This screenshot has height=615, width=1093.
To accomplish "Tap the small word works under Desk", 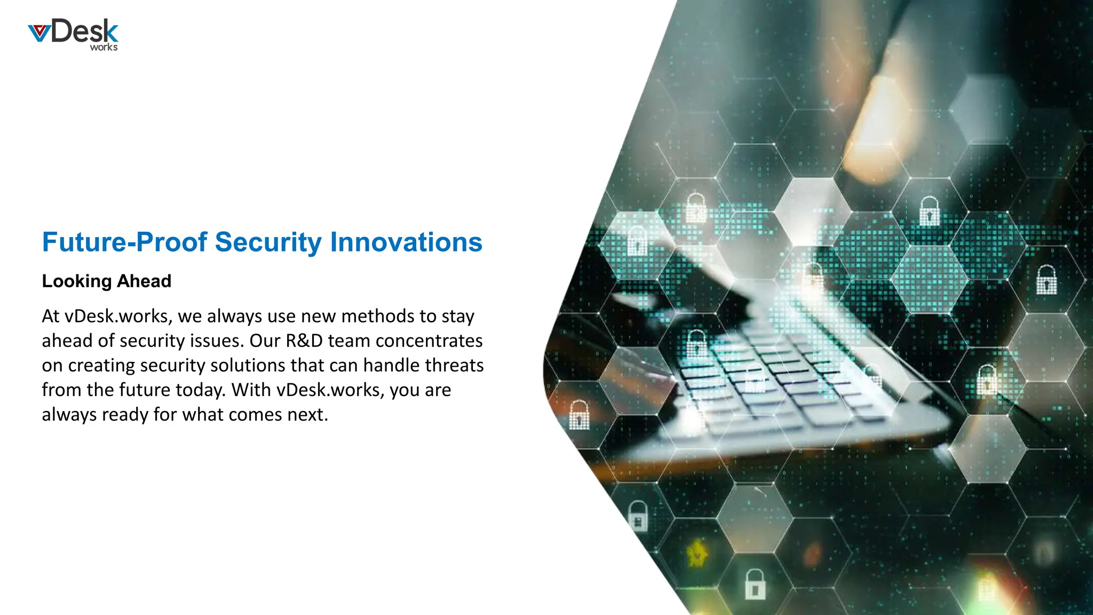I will point(104,47).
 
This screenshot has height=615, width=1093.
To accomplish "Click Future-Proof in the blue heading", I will point(124,242).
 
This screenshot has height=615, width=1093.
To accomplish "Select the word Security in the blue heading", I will point(268,242).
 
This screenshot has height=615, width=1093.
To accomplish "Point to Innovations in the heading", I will point(406,242).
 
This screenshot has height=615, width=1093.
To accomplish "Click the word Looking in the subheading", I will point(76,281).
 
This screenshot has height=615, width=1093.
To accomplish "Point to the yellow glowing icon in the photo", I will point(696,553).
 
